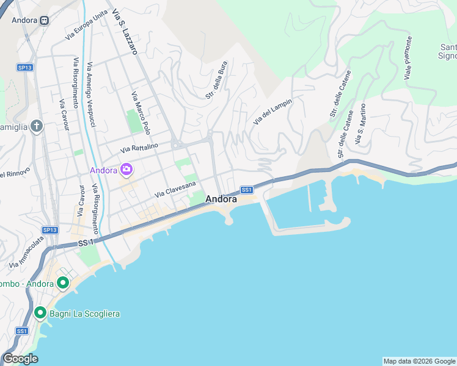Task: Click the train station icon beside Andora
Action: click(44, 20)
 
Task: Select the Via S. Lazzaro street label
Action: click(123, 32)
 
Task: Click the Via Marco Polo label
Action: click(141, 113)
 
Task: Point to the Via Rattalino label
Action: click(139, 147)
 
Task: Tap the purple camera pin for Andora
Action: click(126, 170)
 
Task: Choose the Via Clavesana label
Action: click(175, 188)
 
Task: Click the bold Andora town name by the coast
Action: click(221, 199)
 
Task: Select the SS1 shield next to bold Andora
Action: click(247, 190)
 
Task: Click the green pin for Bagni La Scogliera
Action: click(40, 313)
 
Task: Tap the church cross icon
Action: click(36, 126)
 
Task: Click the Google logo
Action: click(20, 359)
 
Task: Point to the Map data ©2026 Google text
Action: click(419, 361)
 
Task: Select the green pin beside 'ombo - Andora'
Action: click(62, 283)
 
